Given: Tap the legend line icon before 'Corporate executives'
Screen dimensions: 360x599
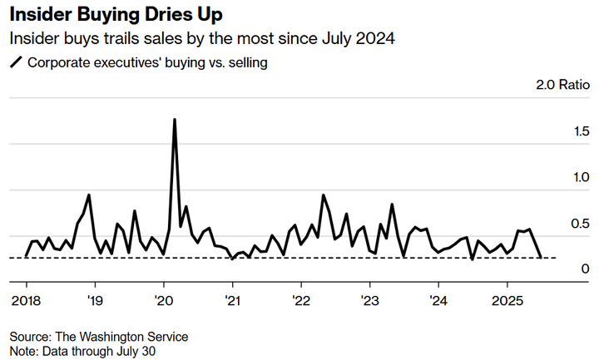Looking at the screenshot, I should pyautogui.click(x=15, y=62).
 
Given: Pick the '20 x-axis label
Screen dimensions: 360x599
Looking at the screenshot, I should pyautogui.click(x=163, y=299).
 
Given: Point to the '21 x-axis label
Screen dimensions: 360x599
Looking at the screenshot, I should pyautogui.click(x=232, y=299).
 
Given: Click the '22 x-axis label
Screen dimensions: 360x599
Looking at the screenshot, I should pyautogui.click(x=301, y=299).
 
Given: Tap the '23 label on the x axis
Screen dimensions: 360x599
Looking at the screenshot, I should pyautogui.click(x=370, y=299).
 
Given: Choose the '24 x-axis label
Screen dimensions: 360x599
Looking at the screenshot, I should pyautogui.click(x=439, y=299).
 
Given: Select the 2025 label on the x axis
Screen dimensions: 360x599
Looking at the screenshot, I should pyautogui.click(x=508, y=299).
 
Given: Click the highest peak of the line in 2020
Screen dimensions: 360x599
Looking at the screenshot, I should pyautogui.click(x=175, y=120).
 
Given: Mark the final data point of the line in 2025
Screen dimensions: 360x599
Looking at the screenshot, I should pyautogui.click(x=542, y=258).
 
